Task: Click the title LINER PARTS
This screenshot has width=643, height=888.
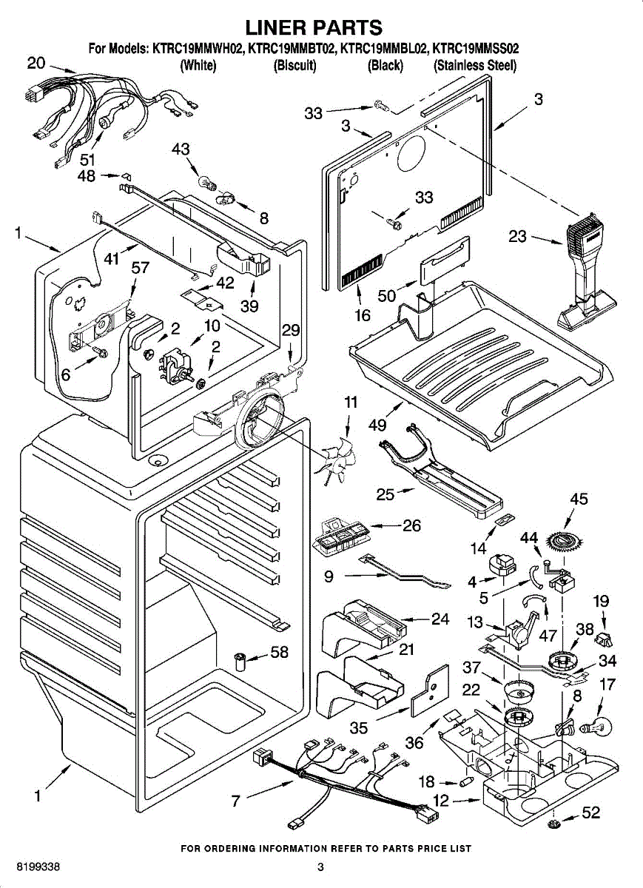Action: [314, 28]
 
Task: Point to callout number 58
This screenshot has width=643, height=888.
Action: [280, 653]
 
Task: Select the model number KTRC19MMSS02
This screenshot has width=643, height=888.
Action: [476, 50]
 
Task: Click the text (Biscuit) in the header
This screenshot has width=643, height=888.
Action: [295, 66]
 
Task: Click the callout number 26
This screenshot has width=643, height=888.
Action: [412, 526]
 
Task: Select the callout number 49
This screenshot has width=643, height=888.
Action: [377, 425]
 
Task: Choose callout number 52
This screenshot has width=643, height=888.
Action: [590, 813]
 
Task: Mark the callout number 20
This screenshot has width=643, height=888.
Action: [36, 64]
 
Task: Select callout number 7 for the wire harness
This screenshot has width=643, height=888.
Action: [235, 800]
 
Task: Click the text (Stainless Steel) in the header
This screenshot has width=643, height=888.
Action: [474, 66]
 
